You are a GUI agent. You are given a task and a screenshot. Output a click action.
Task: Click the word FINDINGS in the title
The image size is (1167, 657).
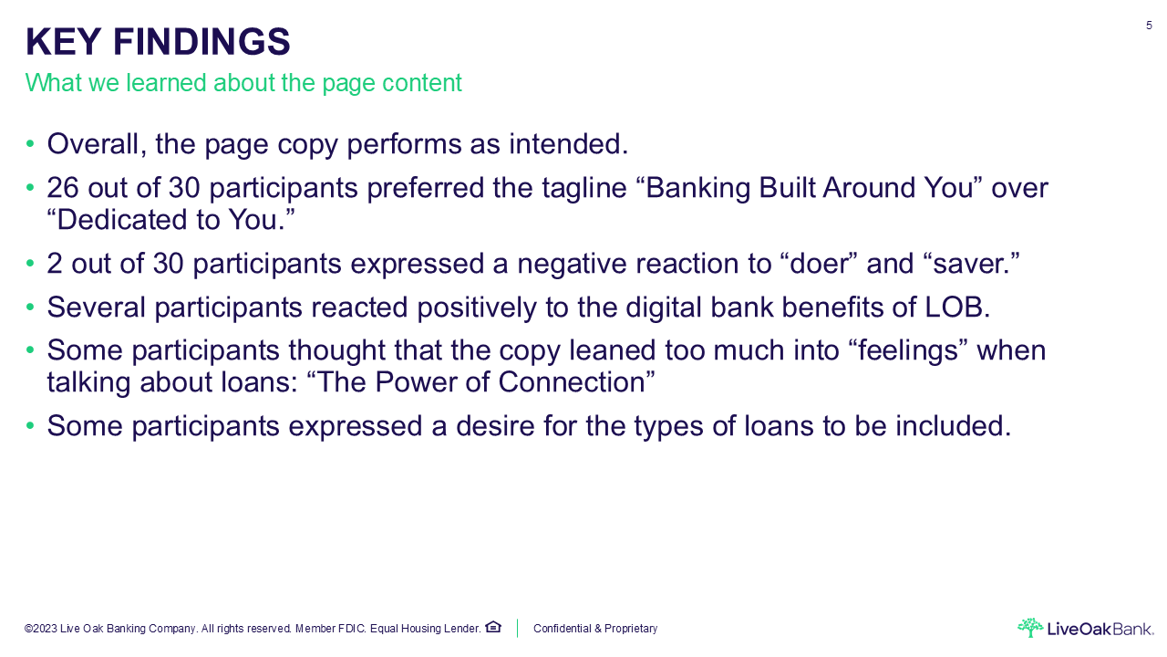tap(201, 42)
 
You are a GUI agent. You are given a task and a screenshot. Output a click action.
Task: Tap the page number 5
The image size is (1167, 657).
tap(1149, 26)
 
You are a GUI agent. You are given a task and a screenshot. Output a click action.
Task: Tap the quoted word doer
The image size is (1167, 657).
tap(820, 264)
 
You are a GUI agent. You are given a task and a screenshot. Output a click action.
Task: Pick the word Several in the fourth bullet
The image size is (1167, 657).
tap(96, 308)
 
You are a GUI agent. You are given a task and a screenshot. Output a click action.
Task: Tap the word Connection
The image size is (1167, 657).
tap(572, 382)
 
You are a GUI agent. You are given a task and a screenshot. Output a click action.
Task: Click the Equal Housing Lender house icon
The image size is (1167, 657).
tap(493, 627)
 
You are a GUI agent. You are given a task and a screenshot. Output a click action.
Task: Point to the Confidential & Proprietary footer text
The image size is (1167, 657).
tap(595, 629)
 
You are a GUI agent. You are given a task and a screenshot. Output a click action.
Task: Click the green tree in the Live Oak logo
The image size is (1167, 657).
tap(1030, 627)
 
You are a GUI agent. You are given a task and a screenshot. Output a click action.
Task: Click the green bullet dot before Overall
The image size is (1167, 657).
tap(30, 143)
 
